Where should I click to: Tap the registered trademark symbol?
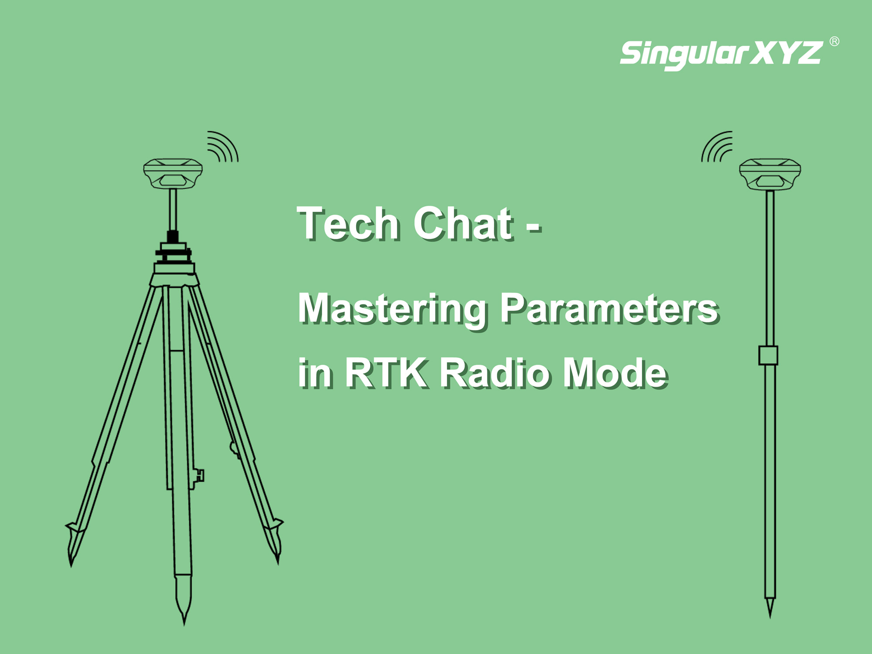(x=834, y=41)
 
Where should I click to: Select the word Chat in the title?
(x=463, y=223)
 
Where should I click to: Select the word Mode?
(x=615, y=372)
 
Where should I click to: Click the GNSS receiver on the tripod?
(x=173, y=173)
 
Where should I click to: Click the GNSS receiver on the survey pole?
(x=770, y=174)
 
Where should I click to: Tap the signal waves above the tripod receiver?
(x=223, y=146)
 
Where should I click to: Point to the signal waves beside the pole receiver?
(x=717, y=146)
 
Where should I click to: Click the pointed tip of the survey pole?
(x=770, y=617)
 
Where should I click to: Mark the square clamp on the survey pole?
(x=768, y=355)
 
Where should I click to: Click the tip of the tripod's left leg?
(x=71, y=565)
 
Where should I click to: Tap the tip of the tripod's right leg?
(x=278, y=563)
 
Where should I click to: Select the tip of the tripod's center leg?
(x=184, y=624)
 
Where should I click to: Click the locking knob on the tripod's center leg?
(x=200, y=475)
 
